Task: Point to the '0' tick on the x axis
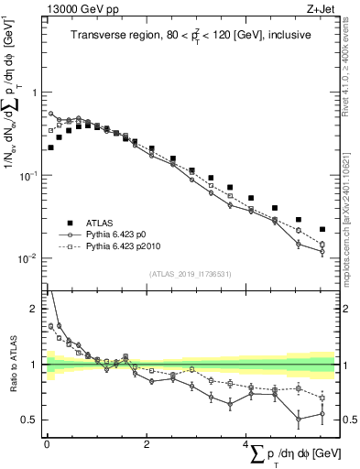click(46, 443)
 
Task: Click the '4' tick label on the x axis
click(245, 443)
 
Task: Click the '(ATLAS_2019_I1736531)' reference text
click(191, 274)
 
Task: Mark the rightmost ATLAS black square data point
click(322, 229)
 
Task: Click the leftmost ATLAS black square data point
click(50, 147)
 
